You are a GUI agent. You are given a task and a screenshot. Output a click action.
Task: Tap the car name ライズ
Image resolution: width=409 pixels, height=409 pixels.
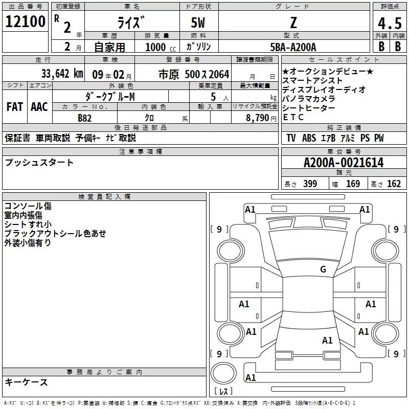[131, 23]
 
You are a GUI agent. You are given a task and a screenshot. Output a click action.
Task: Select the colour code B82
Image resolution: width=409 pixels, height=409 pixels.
[84, 118]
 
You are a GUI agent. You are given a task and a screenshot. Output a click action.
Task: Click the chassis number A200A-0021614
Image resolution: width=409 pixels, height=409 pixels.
[343, 163]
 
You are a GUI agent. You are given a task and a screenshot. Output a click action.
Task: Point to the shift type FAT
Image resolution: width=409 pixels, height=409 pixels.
[14, 107]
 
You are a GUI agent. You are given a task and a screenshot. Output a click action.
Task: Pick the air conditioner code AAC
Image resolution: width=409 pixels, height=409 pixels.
[39, 107]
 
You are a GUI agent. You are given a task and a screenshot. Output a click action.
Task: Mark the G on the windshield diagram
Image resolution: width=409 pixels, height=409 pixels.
[323, 269]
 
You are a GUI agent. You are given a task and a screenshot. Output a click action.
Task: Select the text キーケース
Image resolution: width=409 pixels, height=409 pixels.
[27, 382]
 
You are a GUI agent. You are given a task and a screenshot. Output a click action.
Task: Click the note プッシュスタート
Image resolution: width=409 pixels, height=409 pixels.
[39, 163]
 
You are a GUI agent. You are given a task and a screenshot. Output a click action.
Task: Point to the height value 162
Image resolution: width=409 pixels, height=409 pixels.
[394, 184]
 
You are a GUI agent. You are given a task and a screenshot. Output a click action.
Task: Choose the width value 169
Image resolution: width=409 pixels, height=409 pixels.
[353, 184]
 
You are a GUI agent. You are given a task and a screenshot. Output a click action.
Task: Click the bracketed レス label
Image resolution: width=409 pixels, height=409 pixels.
[223, 391]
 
